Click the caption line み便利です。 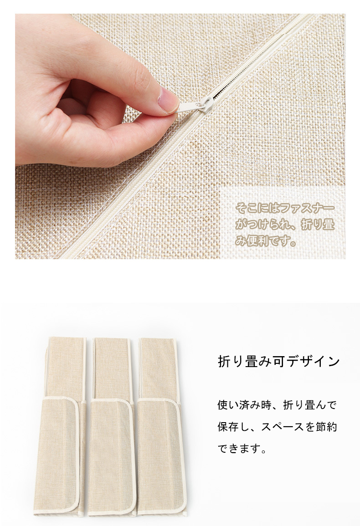(x=266, y=240)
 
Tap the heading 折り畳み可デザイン (x=279, y=362)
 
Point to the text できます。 (x=242, y=448)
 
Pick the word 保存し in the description (x=234, y=427)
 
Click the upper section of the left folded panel (x=66, y=368)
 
